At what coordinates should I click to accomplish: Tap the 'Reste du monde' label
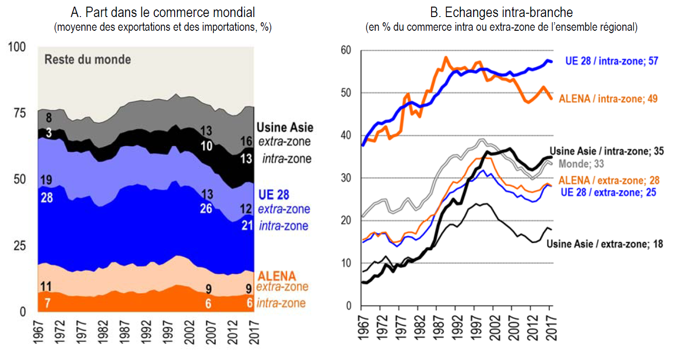[x=88, y=60]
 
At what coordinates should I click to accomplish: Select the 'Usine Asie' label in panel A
[x=285, y=127]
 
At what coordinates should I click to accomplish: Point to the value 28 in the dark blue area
[x=47, y=197]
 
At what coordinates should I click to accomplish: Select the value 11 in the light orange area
[x=47, y=286]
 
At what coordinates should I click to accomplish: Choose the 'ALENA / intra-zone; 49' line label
[x=608, y=99]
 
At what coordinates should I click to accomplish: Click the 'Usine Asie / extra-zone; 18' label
[x=605, y=244]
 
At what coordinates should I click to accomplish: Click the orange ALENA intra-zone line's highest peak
[x=445, y=58]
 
